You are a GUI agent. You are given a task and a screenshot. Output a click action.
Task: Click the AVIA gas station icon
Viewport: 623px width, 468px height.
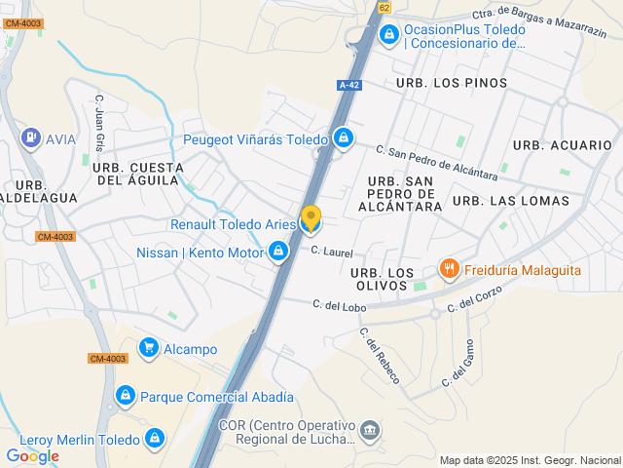click(x=32, y=138)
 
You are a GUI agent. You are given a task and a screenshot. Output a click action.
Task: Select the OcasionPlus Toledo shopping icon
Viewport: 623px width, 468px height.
click(x=389, y=35)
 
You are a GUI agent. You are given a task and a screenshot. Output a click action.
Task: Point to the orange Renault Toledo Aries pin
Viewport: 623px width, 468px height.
click(x=311, y=219)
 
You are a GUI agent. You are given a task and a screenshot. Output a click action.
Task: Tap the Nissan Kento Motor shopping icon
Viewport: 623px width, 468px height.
click(x=278, y=253)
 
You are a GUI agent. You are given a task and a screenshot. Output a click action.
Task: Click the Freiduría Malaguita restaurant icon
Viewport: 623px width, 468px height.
click(x=449, y=268)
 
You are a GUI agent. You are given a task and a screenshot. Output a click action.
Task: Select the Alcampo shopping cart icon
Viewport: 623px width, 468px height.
click(x=149, y=347)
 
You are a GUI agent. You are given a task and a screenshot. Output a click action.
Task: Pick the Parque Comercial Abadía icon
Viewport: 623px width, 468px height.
click(x=125, y=396)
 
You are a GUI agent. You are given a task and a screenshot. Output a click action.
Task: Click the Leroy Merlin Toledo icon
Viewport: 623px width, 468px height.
click(x=154, y=439)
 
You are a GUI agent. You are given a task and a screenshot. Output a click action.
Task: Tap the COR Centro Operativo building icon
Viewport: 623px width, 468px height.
click(x=370, y=430)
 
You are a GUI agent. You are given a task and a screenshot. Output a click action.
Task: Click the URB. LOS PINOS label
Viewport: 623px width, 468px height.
click(x=452, y=83)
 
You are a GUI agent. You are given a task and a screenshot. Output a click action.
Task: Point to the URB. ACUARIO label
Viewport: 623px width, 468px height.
click(x=563, y=144)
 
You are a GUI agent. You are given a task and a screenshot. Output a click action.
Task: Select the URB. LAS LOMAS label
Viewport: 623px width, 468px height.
click(x=511, y=201)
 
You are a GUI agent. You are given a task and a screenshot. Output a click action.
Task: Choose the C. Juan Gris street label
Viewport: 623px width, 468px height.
click(x=98, y=122)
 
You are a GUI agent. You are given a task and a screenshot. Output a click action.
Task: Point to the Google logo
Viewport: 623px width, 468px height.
click(x=32, y=455)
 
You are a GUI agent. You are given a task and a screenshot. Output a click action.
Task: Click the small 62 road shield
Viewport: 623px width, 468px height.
click(x=385, y=7)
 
